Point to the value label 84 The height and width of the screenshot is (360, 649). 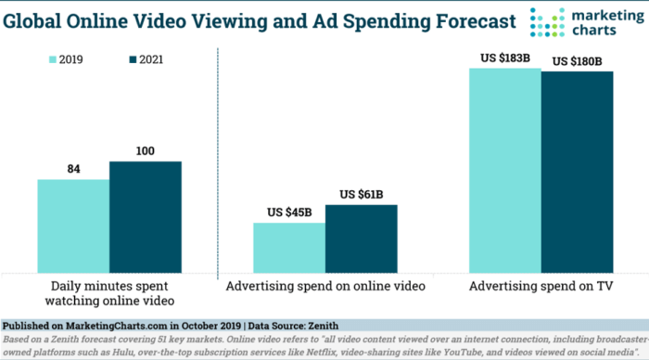pyautogui.click(x=74, y=169)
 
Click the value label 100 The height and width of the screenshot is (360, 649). pyautogui.click(x=146, y=150)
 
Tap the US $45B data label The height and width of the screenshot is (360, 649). pyautogui.click(x=289, y=212)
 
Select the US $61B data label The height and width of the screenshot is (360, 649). pyautogui.click(x=362, y=194)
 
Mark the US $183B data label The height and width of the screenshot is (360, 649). pyautogui.click(x=505, y=58)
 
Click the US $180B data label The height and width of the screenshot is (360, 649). pyautogui.click(x=577, y=61)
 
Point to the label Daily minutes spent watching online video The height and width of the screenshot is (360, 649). pyautogui.click(x=109, y=294)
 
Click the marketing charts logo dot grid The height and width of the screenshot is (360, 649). pyautogui.click(x=546, y=23)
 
